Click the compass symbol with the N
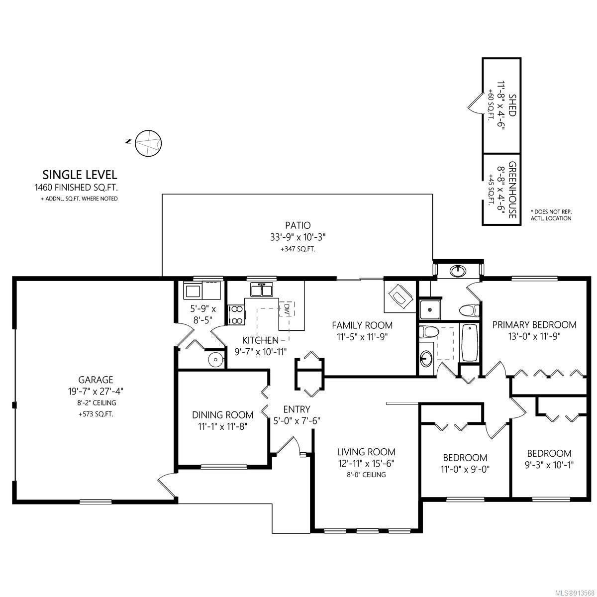pos(148,143)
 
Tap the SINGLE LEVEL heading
pos(80,175)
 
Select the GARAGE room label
pos(96,380)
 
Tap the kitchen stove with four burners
pos(237,315)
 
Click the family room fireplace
pos(399,296)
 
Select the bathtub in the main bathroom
pos(470,343)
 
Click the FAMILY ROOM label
pos(362,325)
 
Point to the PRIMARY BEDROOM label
pos(534,325)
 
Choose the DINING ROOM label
pos(222,415)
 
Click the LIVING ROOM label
pos(366,452)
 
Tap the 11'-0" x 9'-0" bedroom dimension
pos(465,470)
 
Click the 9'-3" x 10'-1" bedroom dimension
pos(549,465)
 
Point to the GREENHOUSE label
pos(511,189)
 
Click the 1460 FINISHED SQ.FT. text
pos(77,188)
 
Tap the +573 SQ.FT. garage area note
pos(96,414)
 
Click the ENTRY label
pos(297,409)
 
